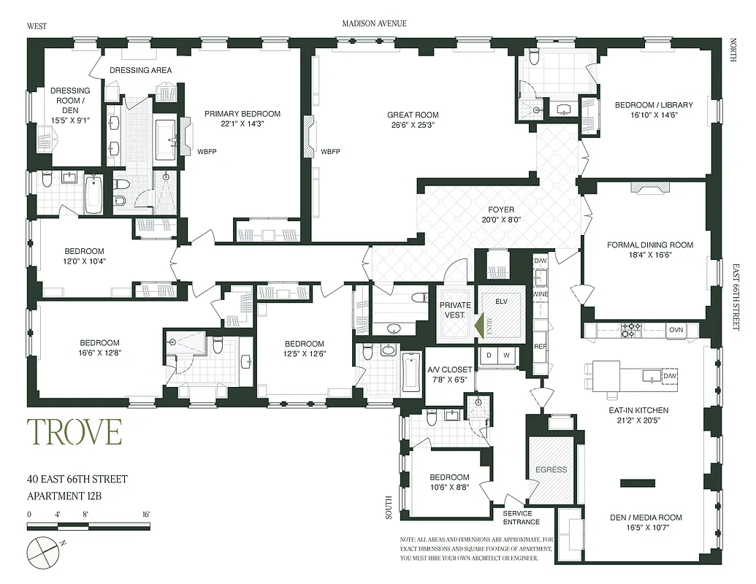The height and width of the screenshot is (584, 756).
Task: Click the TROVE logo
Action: coord(75,431)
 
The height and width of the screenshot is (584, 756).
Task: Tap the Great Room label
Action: coord(413,115)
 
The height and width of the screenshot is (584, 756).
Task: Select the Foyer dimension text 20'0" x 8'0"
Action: coord(501,220)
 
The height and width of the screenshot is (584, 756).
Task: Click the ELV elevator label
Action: coord(501,301)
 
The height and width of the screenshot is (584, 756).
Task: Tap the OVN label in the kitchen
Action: coord(676,330)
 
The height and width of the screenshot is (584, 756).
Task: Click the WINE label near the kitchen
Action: coord(540,294)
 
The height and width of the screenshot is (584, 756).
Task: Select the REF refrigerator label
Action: coord(540,347)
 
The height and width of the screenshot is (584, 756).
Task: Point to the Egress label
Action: coord(551,469)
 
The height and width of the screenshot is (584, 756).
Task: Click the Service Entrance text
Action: coord(522,518)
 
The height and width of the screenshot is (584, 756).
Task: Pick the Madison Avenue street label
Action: coord(374,23)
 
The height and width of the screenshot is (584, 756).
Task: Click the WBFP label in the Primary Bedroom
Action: coord(208,152)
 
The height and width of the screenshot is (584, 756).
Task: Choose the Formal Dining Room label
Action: coord(650,245)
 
